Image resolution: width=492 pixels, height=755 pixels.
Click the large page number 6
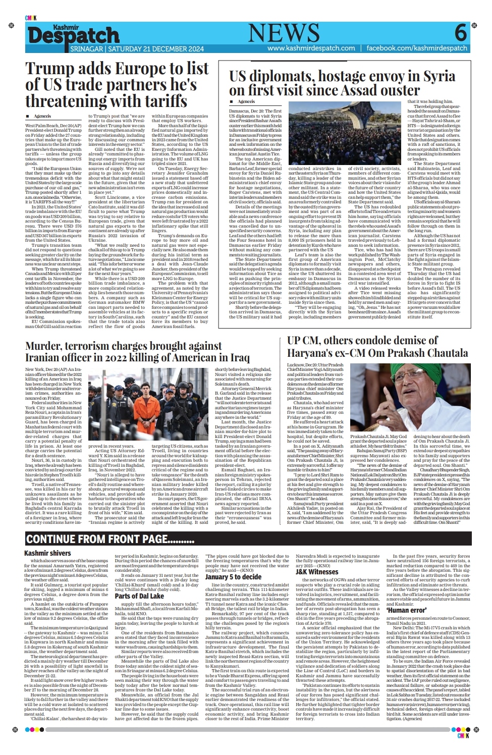pos(460,34)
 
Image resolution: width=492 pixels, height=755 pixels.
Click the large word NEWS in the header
pos(284,33)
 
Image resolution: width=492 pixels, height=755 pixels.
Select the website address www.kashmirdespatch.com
pos(311,48)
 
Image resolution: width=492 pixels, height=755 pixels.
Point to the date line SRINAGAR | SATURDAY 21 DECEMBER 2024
pos(137,49)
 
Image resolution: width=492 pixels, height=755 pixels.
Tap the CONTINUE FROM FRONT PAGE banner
pos(110,540)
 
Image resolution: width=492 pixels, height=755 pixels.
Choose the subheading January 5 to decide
pos(233,577)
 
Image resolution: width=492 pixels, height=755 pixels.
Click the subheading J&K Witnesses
pos(316,572)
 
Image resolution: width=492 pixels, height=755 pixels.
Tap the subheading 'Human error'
pos(406,610)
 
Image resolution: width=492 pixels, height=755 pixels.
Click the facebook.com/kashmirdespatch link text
pos(417,48)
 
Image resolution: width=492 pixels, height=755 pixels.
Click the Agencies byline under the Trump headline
pos(43,116)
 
